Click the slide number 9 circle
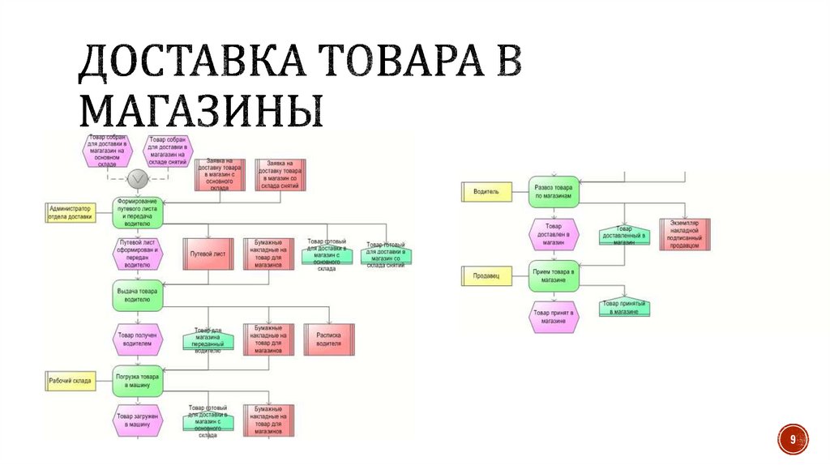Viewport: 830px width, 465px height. click(793, 439)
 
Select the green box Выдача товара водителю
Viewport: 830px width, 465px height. click(138, 295)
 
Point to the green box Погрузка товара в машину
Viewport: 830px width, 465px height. click(138, 381)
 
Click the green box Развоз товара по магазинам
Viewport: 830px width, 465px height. click(555, 192)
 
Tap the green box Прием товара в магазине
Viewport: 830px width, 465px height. click(555, 276)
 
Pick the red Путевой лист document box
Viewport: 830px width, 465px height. click(208, 254)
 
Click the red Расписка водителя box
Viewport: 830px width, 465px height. click(329, 339)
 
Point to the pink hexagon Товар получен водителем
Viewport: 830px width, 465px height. click(138, 339)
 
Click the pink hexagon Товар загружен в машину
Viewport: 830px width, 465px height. click(138, 420)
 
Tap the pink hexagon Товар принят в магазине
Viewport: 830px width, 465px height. click(555, 316)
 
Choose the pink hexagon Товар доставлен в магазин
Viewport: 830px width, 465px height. click(555, 234)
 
